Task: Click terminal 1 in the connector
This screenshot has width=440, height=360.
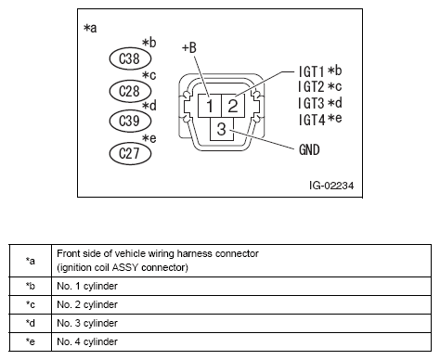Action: (212, 106)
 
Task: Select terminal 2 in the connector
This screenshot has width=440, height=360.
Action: (232, 106)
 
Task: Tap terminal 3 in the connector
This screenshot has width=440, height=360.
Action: (222, 129)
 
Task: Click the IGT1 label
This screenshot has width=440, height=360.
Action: (312, 70)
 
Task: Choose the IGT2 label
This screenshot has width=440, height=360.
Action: (312, 86)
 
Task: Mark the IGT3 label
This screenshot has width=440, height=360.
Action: (312, 103)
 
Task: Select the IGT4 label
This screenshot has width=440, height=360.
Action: (312, 120)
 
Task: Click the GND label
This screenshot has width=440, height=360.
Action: (311, 148)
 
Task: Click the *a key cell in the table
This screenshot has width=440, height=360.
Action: (31, 261)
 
